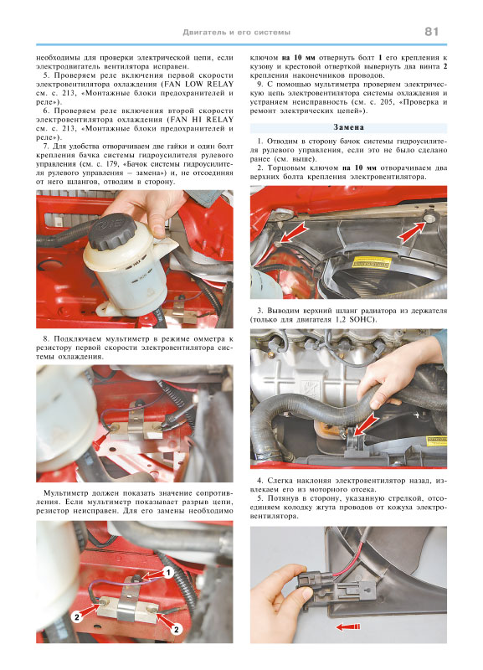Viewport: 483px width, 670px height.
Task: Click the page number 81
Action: [x=432, y=32]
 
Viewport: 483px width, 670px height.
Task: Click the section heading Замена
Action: [x=348, y=127]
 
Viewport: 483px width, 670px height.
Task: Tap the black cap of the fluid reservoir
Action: [x=113, y=231]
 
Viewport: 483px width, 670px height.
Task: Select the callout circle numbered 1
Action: [x=167, y=572]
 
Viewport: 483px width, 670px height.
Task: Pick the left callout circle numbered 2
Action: [x=77, y=616]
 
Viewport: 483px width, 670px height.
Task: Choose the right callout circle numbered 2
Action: [x=176, y=629]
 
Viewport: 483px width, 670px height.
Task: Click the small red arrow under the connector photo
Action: [x=348, y=626]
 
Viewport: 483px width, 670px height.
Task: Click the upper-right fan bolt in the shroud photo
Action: [x=429, y=219]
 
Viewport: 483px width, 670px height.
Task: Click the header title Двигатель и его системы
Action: [x=237, y=33]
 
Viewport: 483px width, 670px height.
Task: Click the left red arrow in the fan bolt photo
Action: [x=295, y=233]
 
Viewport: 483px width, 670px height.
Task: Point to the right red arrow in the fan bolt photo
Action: [x=412, y=233]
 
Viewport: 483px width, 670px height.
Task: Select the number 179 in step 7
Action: [x=111, y=164]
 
